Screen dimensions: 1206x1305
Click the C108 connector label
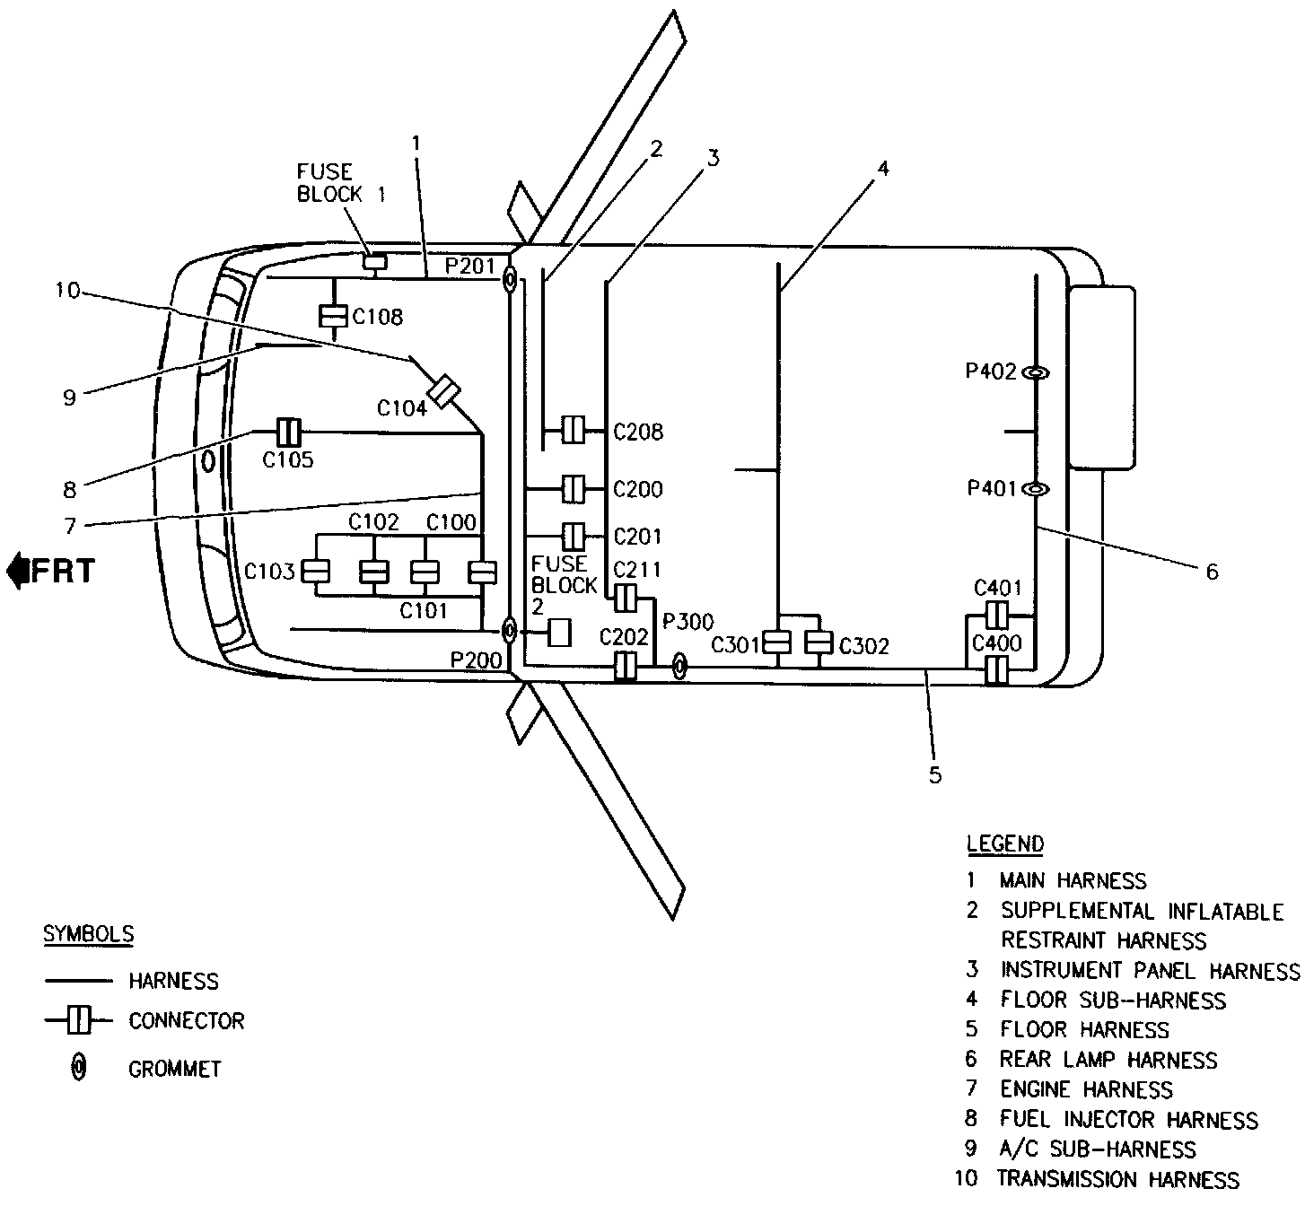(377, 317)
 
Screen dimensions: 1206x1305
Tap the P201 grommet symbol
(509, 280)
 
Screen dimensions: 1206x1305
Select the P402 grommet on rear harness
(1036, 372)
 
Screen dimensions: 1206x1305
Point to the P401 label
(991, 489)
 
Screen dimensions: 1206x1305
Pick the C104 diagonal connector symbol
(443, 392)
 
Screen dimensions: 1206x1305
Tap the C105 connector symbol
(288, 432)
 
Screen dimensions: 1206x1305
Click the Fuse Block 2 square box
(560, 633)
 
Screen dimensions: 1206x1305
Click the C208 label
(638, 433)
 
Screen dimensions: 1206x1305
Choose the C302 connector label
(864, 646)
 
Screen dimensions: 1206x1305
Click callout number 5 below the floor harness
(934, 775)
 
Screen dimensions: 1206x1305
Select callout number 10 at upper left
(67, 290)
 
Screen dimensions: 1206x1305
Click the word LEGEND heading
(1005, 843)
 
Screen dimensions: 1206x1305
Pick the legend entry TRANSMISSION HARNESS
(1118, 1179)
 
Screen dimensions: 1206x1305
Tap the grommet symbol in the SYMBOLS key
(79, 1068)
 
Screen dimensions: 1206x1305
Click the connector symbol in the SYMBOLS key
(79, 1020)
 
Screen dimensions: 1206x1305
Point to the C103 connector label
(269, 572)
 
